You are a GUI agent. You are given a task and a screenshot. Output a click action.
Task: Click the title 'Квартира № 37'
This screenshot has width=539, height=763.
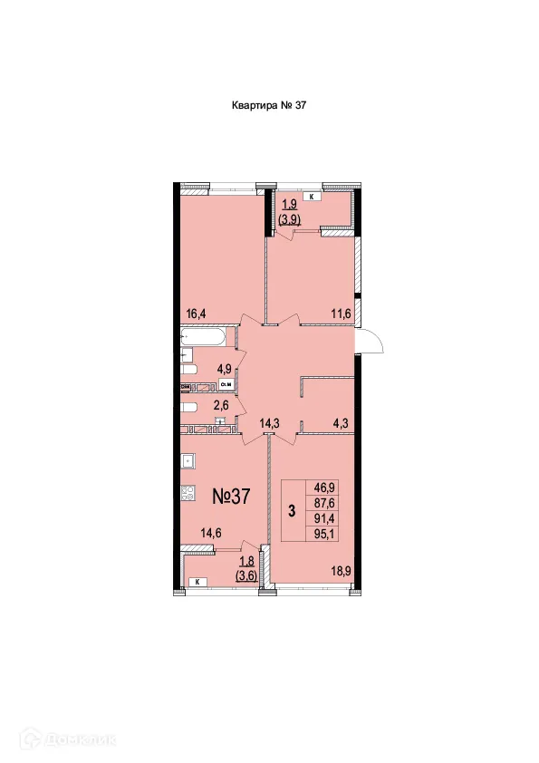(270, 106)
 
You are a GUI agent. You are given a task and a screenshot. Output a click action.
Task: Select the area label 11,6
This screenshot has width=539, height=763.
(342, 314)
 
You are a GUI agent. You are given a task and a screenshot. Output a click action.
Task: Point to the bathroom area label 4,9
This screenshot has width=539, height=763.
(224, 368)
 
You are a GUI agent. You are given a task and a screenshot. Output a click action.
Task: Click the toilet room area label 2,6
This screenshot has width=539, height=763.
(221, 406)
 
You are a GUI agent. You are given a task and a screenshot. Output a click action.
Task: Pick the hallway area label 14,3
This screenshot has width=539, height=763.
(269, 421)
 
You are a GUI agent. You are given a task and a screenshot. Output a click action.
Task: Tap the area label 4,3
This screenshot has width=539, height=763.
(342, 421)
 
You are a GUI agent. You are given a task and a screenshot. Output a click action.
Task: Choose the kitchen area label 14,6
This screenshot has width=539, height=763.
(211, 534)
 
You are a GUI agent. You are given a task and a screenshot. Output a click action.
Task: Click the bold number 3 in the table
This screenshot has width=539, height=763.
(292, 510)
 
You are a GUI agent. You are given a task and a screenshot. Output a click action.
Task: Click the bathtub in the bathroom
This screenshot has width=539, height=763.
(207, 340)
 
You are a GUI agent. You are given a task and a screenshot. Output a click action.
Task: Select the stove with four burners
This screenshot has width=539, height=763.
(189, 494)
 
